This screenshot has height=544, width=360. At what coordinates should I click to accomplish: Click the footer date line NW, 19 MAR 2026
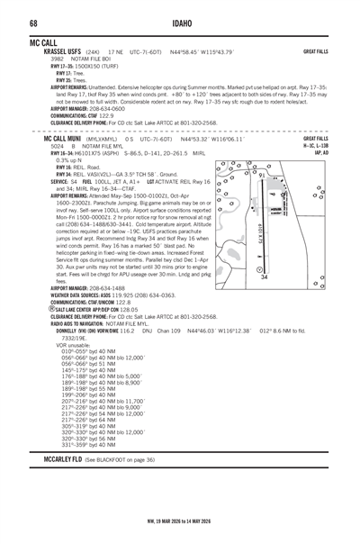(180, 521)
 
